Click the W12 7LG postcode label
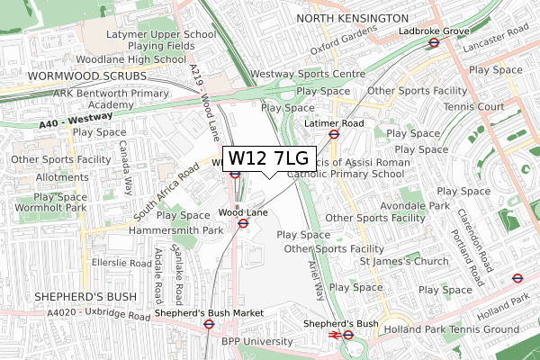(x=267, y=158)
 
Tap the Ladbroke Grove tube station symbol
(x=433, y=42)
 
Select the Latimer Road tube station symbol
(x=333, y=134)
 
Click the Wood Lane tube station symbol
(x=242, y=223)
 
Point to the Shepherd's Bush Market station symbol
(x=208, y=326)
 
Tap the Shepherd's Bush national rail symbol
(x=334, y=335)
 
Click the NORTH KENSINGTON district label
(x=352, y=18)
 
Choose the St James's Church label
(x=403, y=262)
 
